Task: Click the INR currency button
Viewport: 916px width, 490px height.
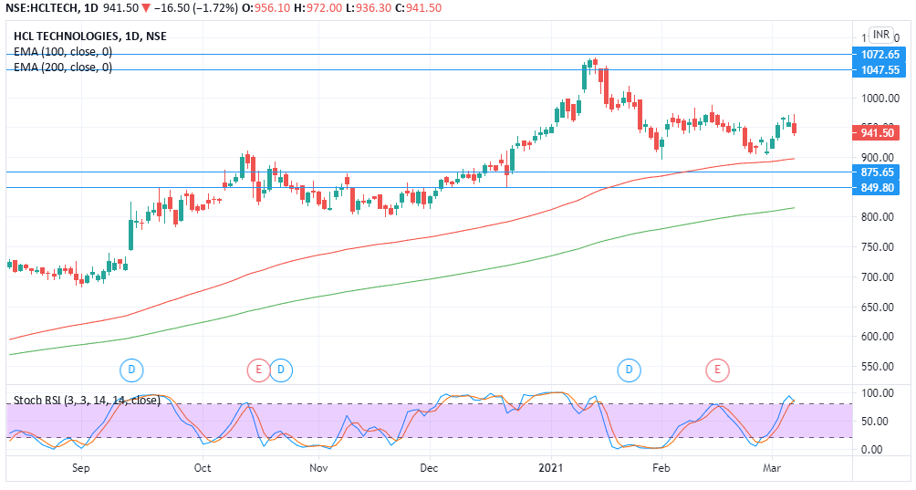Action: click(x=880, y=35)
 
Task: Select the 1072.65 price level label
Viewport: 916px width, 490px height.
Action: click(x=880, y=55)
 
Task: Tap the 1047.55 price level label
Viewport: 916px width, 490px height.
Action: click(x=880, y=70)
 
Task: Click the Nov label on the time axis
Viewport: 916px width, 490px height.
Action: click(x=317, y=468)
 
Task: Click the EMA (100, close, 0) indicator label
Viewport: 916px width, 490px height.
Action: click(x=63, y=52)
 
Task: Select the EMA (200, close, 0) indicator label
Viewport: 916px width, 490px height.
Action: click(x=63, y=68)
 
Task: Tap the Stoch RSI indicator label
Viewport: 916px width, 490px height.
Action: click(x=87, y=400)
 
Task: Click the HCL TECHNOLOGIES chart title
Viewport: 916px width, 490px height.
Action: click(x=78, y=36)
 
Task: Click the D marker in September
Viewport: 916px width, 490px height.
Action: click(x=132, y=370)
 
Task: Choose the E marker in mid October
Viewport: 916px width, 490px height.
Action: click(x=259, y=370)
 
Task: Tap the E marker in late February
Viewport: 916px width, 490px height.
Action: click(x=718, y=370)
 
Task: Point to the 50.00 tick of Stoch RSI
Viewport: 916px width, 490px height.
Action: click(x=876, y=422)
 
